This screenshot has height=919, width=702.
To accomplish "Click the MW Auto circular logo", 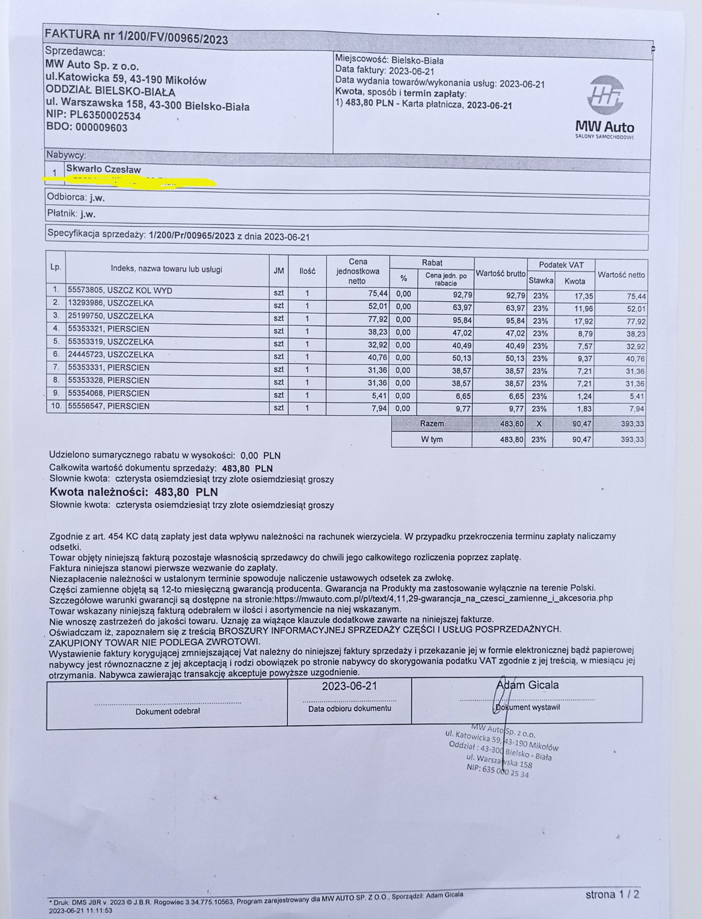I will [605, 96].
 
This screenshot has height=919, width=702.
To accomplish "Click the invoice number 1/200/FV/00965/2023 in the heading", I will [173, 39].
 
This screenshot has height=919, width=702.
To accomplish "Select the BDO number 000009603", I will [101, 128].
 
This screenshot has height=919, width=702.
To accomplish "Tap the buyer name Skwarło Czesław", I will [103, 169].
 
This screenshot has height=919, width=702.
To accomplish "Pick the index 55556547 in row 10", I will [84, 406].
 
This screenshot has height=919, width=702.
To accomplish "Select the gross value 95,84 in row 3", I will [514, 321].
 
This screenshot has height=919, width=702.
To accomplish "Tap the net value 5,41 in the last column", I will [636, 396].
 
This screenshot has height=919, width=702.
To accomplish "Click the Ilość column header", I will [307, 271].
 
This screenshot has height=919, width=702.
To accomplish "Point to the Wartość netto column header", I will [621, 275].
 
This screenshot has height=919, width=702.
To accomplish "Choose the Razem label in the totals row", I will [432, 424].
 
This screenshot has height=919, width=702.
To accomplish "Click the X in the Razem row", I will [539, 424].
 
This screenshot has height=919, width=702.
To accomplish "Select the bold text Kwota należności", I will [99, 492].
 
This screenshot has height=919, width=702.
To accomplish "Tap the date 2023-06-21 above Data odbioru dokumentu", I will [349, 686].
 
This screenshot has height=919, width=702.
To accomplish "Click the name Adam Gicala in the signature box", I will [527, 685].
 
